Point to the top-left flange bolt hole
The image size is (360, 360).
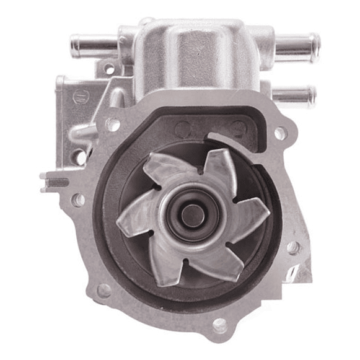[x=114, y=124]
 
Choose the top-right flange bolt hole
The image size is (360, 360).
[x=279, y=133]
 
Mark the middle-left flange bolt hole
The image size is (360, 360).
[x=79, y=200]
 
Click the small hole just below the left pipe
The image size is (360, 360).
[x=110, y=69]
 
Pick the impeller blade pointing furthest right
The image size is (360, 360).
[x=254, y=214]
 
